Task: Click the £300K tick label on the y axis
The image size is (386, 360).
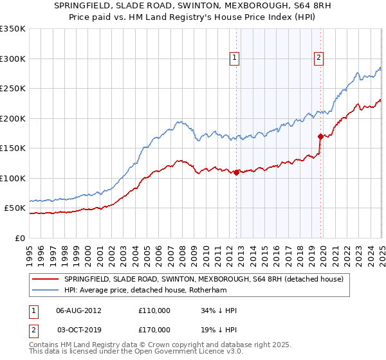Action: click(13, 59)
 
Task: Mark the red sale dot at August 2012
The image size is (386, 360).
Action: click(237, 172)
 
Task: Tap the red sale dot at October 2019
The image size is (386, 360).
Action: click(320, 136)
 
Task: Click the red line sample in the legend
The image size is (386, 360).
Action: click(45, 279)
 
